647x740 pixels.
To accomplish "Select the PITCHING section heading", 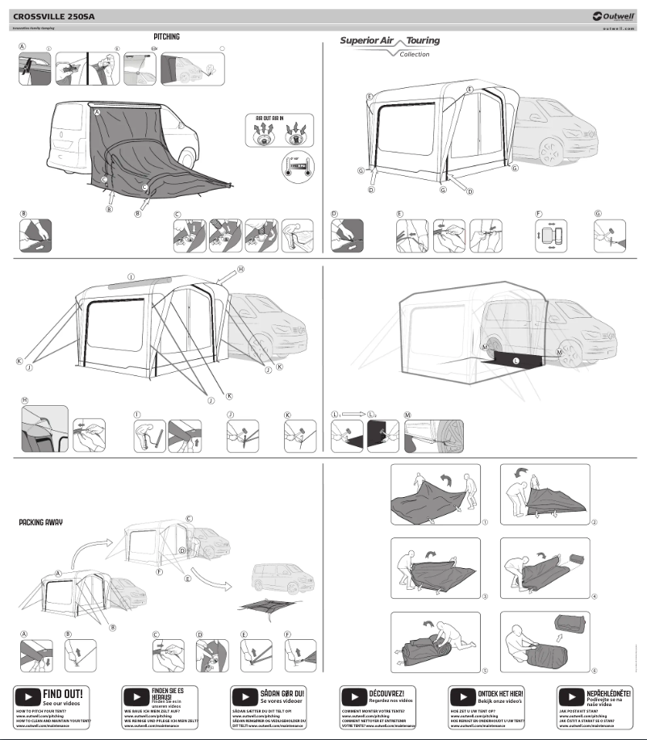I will tap(167, 37).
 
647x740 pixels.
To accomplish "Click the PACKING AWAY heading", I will tap(40, 522).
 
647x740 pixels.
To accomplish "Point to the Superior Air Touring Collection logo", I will tap(390, 45).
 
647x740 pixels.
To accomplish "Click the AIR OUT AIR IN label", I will tap(268, 118).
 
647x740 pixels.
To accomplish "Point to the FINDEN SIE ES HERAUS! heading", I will tap(168, 694).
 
